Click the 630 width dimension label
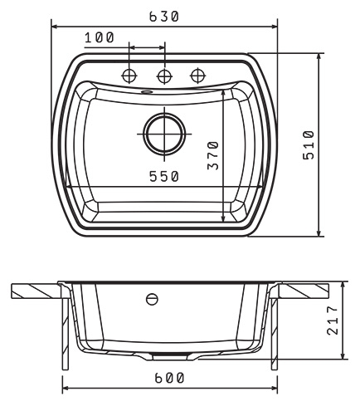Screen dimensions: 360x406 (x=164, y=17)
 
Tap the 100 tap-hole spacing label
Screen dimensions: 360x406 (x=100, y=37)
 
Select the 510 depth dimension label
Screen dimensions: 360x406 (x=309, y=144)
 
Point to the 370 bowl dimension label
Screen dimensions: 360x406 (x=213, y=155)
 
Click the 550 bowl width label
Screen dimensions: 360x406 (x=164, y=176)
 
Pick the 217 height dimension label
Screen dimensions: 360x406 (x=333, y=320)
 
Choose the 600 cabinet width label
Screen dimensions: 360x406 (x=169, y=378)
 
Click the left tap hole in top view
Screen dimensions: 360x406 (x=129, y=76)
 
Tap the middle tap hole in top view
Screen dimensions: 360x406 (x=164, y=76)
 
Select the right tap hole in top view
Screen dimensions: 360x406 (x=198, y=76)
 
